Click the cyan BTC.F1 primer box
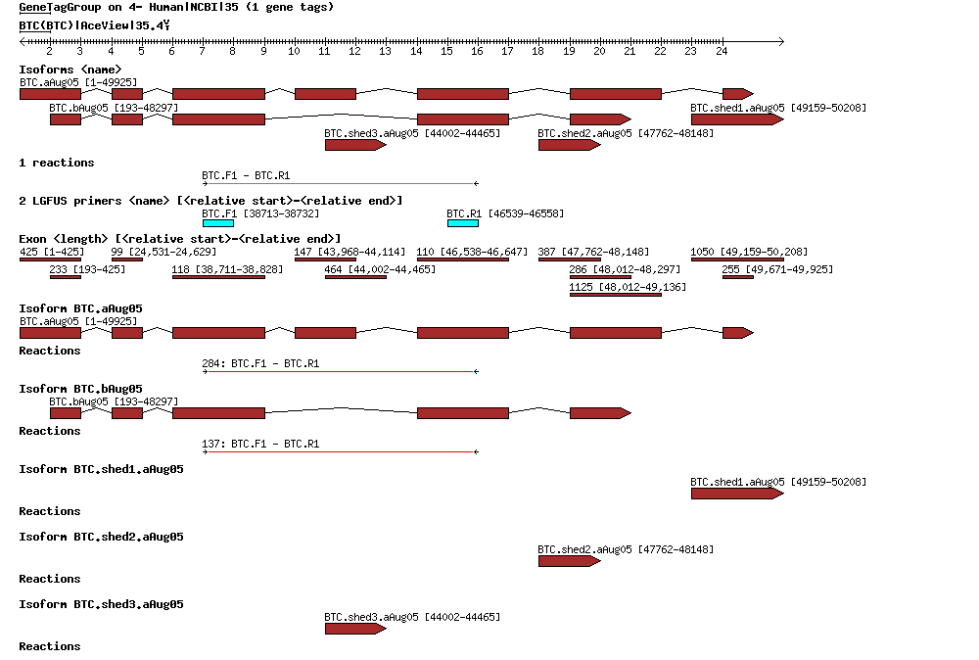click(217, 223)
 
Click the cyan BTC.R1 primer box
click(462, 223)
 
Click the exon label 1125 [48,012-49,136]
click(628, 287)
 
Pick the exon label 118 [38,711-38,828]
click(227, 269)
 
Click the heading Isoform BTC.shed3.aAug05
click(101, 604)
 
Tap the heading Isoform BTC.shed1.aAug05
click(101, 469)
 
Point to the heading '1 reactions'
click(57, 163)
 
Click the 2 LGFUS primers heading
click(210, 201)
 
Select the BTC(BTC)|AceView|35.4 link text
click(94, 24)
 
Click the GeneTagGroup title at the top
click(176, 7)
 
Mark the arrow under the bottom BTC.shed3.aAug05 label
click(355, 629)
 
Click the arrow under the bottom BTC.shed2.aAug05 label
click(569, 561)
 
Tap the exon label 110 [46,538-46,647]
click(473, 252)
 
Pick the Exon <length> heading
click(179, 239)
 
